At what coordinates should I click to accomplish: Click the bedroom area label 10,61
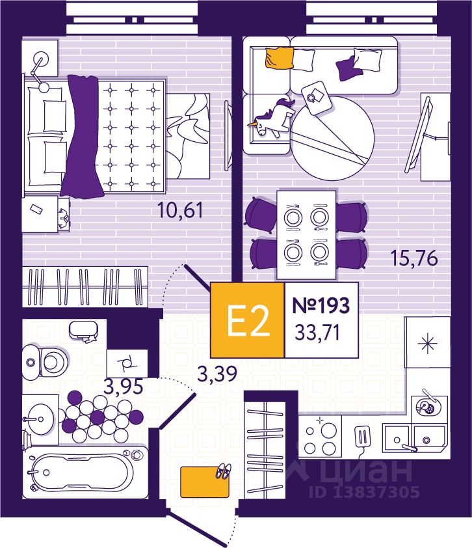(x=180, y=210)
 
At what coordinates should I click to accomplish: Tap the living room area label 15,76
(x=414, y=258)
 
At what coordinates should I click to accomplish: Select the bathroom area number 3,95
(x=124, y=387)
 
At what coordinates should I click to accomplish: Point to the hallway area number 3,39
(x=217, y=374)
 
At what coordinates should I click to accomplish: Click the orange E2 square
(x=248, y=320)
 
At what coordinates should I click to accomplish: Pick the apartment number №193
(x=321, y=305)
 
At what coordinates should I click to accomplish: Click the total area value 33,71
(x=317, y=332)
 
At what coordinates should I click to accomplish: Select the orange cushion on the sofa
(x=280, y=57)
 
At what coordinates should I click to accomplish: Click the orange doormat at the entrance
(x=205, y=482)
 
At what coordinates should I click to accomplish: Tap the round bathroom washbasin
(x=40, y=418)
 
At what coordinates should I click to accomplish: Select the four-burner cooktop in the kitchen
(x=320, y=436)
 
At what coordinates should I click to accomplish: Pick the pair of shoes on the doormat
(x=222, y=471)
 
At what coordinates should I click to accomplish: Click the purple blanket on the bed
(x=83, y=135)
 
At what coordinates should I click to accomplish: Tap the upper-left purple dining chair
(x=261, y=215)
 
